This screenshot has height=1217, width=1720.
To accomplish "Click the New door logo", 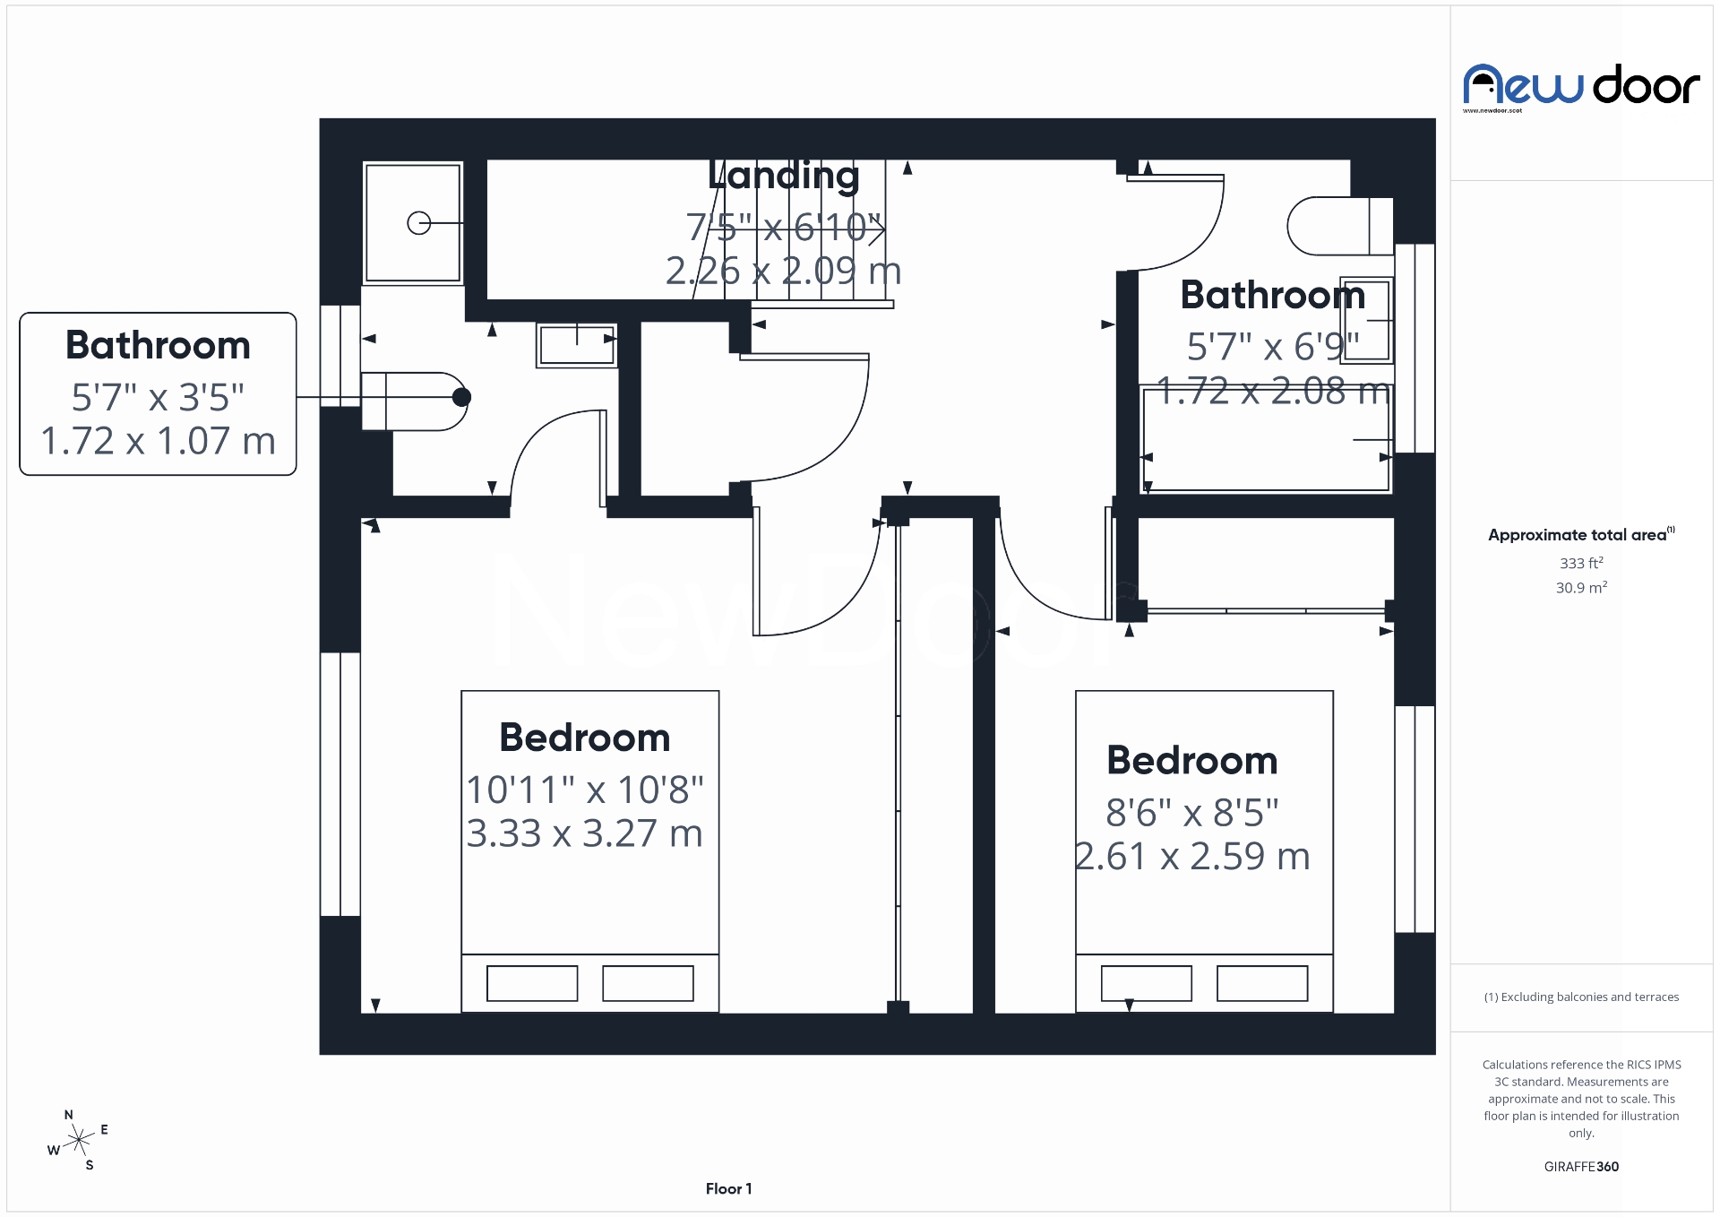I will pos(1580,87).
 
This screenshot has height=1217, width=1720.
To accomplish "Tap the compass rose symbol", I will pos(79,1141).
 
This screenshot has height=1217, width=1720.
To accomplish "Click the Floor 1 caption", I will pos(728,1188).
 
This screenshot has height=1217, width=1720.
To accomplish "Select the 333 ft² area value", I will pos(1581,563).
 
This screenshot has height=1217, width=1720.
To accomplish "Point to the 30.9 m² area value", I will pos(1581,588).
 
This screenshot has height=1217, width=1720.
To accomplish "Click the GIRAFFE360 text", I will pos(1581,1166).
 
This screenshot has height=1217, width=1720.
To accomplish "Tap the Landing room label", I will pos(783,176).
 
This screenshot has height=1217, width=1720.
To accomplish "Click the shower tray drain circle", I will pos(418,223).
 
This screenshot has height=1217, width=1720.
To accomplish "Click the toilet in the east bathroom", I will pos(1338,226).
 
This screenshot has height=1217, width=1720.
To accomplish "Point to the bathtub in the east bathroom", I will pos(1266,438).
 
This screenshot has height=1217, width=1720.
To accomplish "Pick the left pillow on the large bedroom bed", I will pos(532,983).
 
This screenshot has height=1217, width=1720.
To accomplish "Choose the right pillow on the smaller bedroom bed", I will pos(1261,983).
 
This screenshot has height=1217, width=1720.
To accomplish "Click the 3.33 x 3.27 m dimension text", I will pos(584,833).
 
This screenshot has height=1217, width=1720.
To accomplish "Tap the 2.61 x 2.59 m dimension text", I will pos(1192,857).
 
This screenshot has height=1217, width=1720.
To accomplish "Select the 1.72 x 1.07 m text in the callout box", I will pos(158,441).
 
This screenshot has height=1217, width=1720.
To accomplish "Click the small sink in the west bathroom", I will pos(577,345).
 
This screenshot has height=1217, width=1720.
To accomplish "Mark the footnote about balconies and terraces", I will pos(1581,997).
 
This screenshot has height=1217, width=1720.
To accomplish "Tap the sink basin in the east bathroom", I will pos(1367,320).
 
